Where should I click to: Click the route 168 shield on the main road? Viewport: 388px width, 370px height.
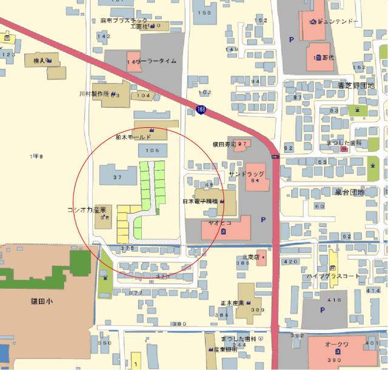pos(200,108)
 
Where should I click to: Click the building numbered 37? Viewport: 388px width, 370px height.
pos(118,177)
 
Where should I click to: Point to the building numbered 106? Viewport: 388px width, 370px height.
pos(153,150)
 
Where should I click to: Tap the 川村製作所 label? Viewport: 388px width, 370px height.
pos(93,94)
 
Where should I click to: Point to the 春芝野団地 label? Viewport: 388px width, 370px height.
pos(356,85)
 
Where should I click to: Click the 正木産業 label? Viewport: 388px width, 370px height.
pos(232,303)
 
